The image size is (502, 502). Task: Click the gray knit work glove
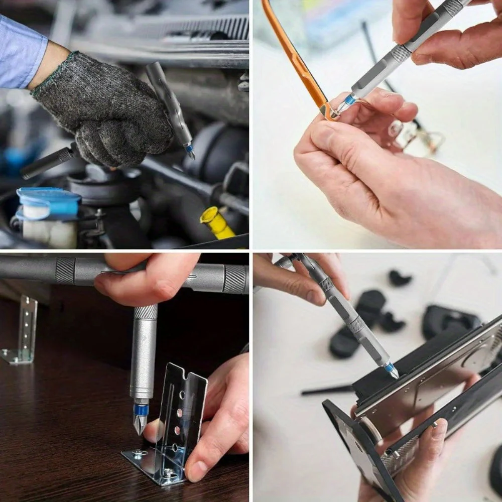click(105, 110)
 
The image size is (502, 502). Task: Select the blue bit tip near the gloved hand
click(189, 150)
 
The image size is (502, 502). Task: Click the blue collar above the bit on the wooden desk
click(141, 410)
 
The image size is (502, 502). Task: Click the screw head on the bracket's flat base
click(137, 454)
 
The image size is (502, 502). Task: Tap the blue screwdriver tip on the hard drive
click(391, 370)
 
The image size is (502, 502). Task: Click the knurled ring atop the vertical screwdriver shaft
click(146, 312)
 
